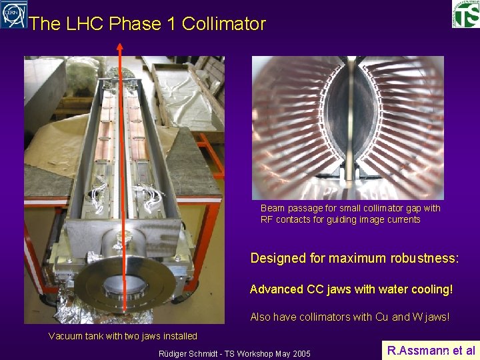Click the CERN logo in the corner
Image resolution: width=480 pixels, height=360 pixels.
[14, 14]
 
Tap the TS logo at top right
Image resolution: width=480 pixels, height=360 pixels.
[465, 14]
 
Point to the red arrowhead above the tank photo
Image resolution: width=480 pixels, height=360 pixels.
[120, 47]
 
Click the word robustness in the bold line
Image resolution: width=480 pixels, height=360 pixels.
[425, 258]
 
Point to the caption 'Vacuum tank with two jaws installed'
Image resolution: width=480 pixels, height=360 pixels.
[123, 336]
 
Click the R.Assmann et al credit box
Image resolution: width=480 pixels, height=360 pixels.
[431, 350]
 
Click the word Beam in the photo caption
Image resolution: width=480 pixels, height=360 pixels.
[273, 208]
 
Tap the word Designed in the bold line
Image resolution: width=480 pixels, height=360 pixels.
[278, 258]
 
